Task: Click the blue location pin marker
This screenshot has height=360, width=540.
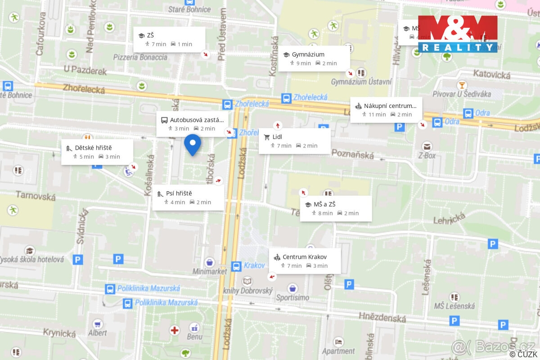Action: [193, 144]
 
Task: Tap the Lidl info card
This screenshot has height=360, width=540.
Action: [294, 141]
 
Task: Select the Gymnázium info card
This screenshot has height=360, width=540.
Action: [314, 58]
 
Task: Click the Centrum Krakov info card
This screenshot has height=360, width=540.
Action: [305, 261]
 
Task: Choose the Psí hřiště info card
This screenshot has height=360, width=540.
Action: [188, 198]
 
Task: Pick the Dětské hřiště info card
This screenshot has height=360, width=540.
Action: [97, 152]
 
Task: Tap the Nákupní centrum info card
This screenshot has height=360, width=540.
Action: [386, 110]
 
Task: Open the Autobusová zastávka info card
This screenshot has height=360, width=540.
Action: [192, 124]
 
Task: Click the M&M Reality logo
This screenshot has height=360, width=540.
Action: [458, 34]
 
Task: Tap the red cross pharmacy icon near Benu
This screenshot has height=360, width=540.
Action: [175, 330]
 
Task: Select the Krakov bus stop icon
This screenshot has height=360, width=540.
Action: [236, 266]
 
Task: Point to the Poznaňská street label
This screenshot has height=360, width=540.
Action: [353, 154]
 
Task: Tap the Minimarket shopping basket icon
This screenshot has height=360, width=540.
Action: [210, 262]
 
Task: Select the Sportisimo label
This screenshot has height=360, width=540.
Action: [292, 297]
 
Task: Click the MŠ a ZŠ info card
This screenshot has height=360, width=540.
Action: [336, 208]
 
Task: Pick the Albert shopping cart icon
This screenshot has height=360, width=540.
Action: [98, 324]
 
